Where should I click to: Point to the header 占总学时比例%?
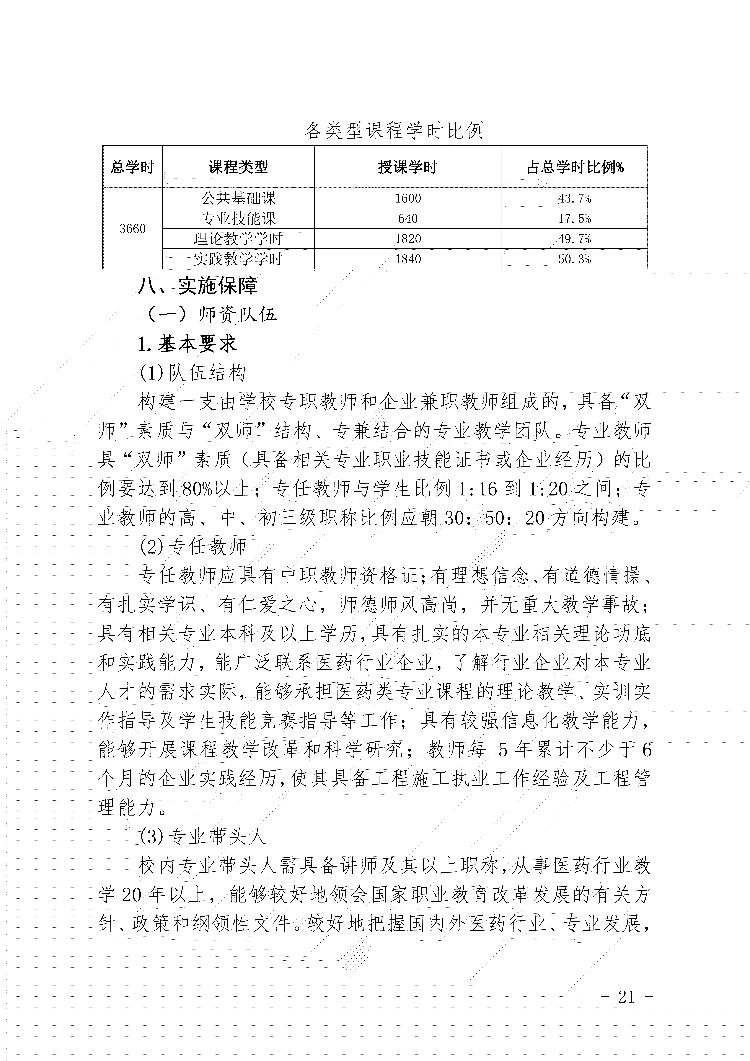(575, 167)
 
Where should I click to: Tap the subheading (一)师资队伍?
(211, 315)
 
